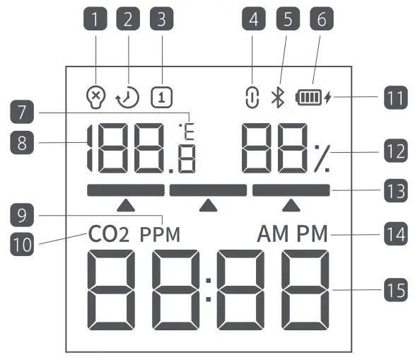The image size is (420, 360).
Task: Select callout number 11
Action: (394, 97)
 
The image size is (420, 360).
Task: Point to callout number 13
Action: (394, 190)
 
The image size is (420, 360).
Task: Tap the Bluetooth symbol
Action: (279, 98)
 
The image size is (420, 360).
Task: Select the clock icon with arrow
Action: (128, 98)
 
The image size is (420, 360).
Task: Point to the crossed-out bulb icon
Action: (94, 98)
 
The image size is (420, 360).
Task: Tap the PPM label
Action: (159, 235)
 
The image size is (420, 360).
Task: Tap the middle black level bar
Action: (208, 190)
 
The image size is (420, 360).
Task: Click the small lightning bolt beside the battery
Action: (327, 98)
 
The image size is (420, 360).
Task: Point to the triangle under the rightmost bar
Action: (291, 205)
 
